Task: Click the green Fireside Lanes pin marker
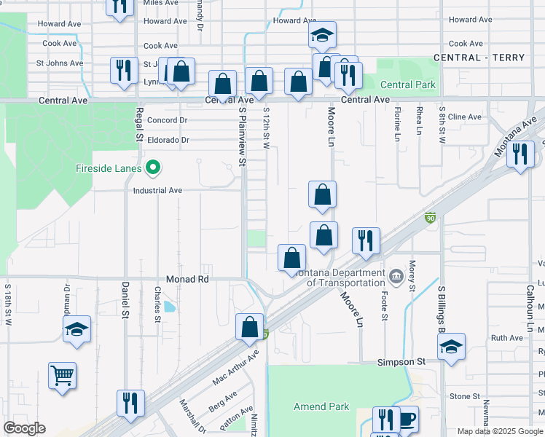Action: tap(152, 168)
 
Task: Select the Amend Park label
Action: tap(321, 406)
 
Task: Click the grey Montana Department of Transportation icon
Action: tap(396, 275)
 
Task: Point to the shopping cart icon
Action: tap(62, 376)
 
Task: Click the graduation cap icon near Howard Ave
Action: tap(321, 34)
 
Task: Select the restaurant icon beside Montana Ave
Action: tap(520, 154)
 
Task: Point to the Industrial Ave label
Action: tap(157, 190)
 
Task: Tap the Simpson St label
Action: tap(401, 361)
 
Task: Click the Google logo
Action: tap(24, 428)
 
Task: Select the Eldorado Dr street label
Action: tap(168, 139)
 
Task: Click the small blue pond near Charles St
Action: tap(170, 307)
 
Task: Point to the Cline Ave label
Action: tap(464, 117)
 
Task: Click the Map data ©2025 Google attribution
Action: tap(500, 431)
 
